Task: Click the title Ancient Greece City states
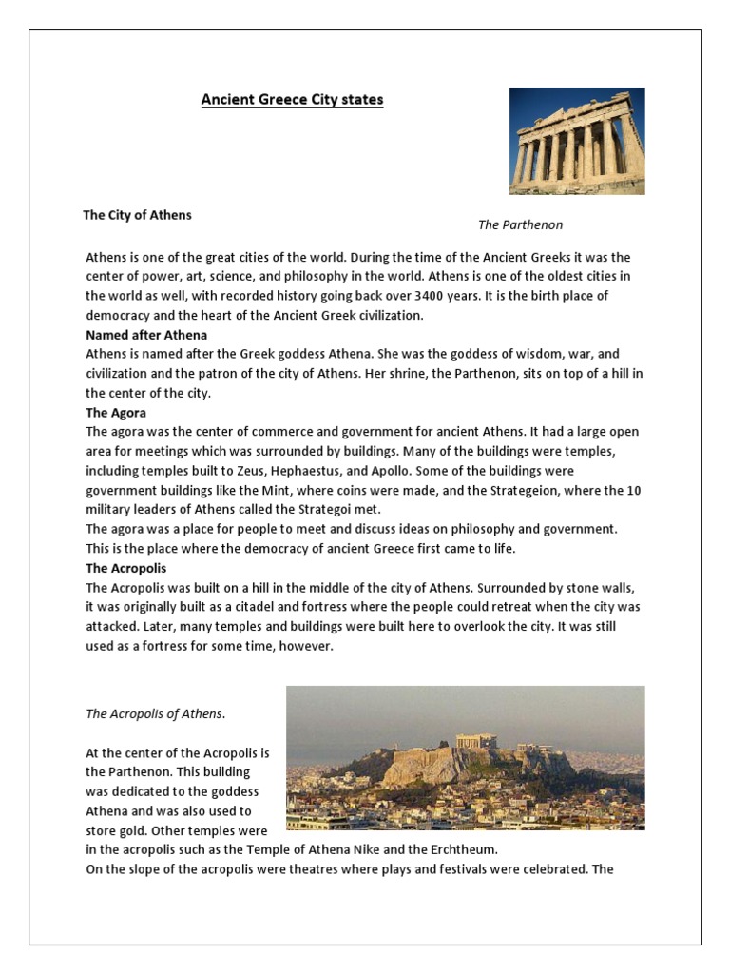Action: tap(292, 100)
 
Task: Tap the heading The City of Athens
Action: tap(137, 215)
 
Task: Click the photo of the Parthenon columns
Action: tap(577, 141)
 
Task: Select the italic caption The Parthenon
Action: tap(520, 225)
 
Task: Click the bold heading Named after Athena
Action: tap(146, 335)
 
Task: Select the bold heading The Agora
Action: tap(116, 413)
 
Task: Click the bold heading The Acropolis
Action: tap(126, 568)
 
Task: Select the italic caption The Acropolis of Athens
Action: tap(157, 713)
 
